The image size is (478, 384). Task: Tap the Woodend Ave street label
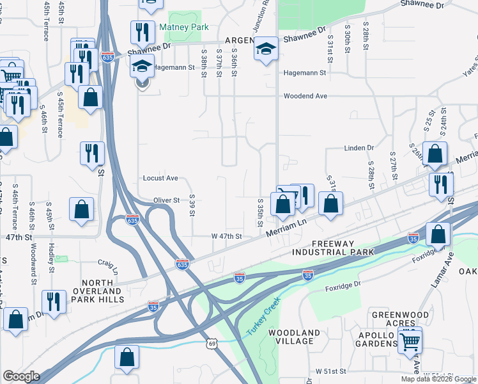[305, 96]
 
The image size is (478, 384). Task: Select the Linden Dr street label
[358, 148]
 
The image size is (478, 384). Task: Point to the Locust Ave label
[160, 178]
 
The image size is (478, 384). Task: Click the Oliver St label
[166, 200]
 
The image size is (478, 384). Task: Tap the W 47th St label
[226, 236]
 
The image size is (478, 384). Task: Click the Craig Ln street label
[107, 262]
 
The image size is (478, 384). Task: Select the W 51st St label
[330, 371]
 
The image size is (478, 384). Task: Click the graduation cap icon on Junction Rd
[266, 49]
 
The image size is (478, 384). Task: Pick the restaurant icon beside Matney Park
[143, 32]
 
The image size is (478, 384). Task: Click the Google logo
[20, 376]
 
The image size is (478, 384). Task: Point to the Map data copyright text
[437, 379]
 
